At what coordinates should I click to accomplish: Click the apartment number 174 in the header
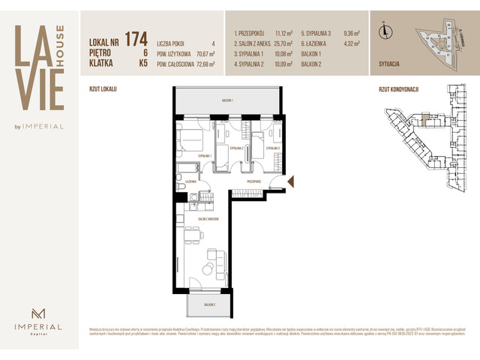(136, 37)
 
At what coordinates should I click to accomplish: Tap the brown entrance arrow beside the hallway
(292, 181)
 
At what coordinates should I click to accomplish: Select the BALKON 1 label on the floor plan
(227, 100)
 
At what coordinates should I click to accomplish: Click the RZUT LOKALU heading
(103, 88)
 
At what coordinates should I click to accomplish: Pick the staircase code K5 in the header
(142, 64)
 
